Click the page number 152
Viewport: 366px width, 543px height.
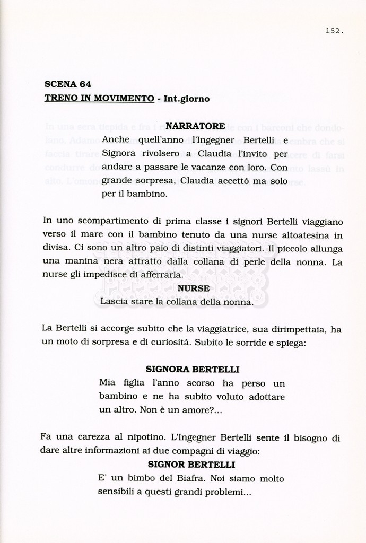334,31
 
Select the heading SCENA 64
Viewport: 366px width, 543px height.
68,84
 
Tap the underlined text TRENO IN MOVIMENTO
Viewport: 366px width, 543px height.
99,99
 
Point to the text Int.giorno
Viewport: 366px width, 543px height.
187,99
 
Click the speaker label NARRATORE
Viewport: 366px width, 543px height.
195,126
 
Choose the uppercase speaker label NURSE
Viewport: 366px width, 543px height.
194,288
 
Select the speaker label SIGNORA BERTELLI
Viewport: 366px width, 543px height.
192,369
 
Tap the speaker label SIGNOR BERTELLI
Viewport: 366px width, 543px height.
191,465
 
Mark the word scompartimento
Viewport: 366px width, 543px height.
106,221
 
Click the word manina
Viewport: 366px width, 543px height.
77,262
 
